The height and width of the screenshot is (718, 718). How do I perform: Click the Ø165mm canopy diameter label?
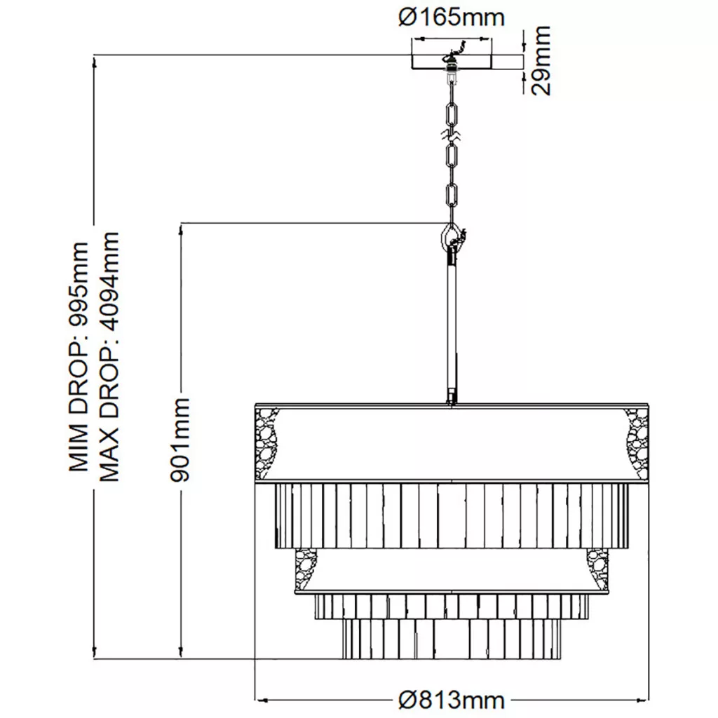pyautogui.click(x=452, y=18)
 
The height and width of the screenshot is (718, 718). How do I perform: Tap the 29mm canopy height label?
pyautogui.click(x=541, y=60)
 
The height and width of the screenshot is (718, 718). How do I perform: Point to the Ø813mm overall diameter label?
pyautogui.click(x=452, y=700)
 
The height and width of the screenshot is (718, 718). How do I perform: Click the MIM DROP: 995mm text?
pyautogui.click(x=78, y=356)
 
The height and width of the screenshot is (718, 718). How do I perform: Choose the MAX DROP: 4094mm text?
pyautogui.click(x=109, y=356)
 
